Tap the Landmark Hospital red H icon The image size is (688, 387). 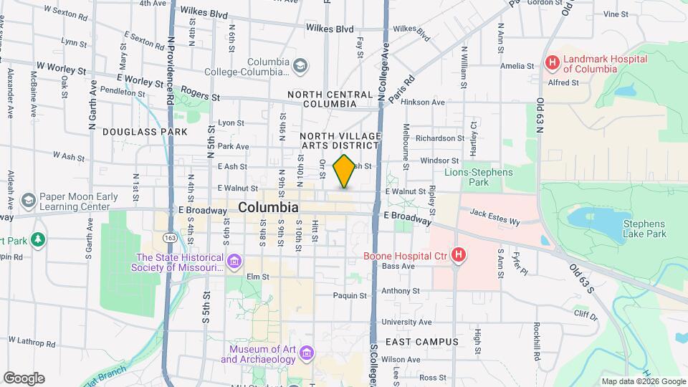point(552,63)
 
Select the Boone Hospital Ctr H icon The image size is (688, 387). point(459,254)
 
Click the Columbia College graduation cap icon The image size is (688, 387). point(301,67)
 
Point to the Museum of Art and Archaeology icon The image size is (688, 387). point(307,353)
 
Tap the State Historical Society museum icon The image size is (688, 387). point(234,262)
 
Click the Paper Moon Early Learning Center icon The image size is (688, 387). point(29,199)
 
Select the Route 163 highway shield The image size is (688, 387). point(170,236)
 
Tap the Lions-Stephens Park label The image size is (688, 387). point(479,177)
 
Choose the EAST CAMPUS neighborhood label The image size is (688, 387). point(421,342)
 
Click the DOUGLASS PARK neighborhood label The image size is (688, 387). point(145,132)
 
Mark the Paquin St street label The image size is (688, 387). point(350,295)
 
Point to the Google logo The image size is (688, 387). point(24,378)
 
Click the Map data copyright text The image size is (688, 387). point(643,381)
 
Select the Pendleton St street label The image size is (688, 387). point(125,92)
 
